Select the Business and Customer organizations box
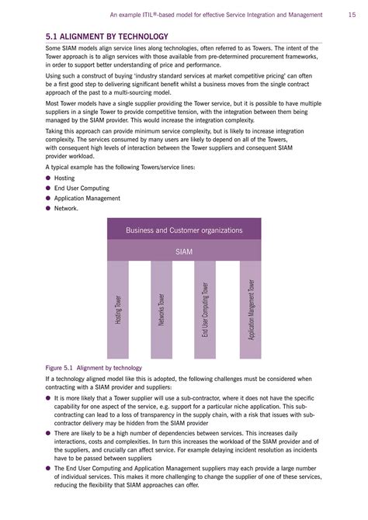pyautogui.click(x=184, y=230)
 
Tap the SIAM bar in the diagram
pyautogui.click(x=184, y=251)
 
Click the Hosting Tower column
pyautogui.click(x=118, y=309)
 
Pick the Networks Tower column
pyautogui.click(x=161, y=309)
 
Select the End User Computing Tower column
pyautogui.click(x=205, y=309)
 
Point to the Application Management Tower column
pyautogui.click(x=250, y=309)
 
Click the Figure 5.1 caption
pyautogui.click(x=94, y=367)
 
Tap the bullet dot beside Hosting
pyautogui.click(x=48, y=178)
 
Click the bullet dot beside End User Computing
pyautogui.click(x=48, y=188)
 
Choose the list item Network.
pyautogui.click(x=67, y=208)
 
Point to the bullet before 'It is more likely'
pyautogui.click(x=48, y=397)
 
